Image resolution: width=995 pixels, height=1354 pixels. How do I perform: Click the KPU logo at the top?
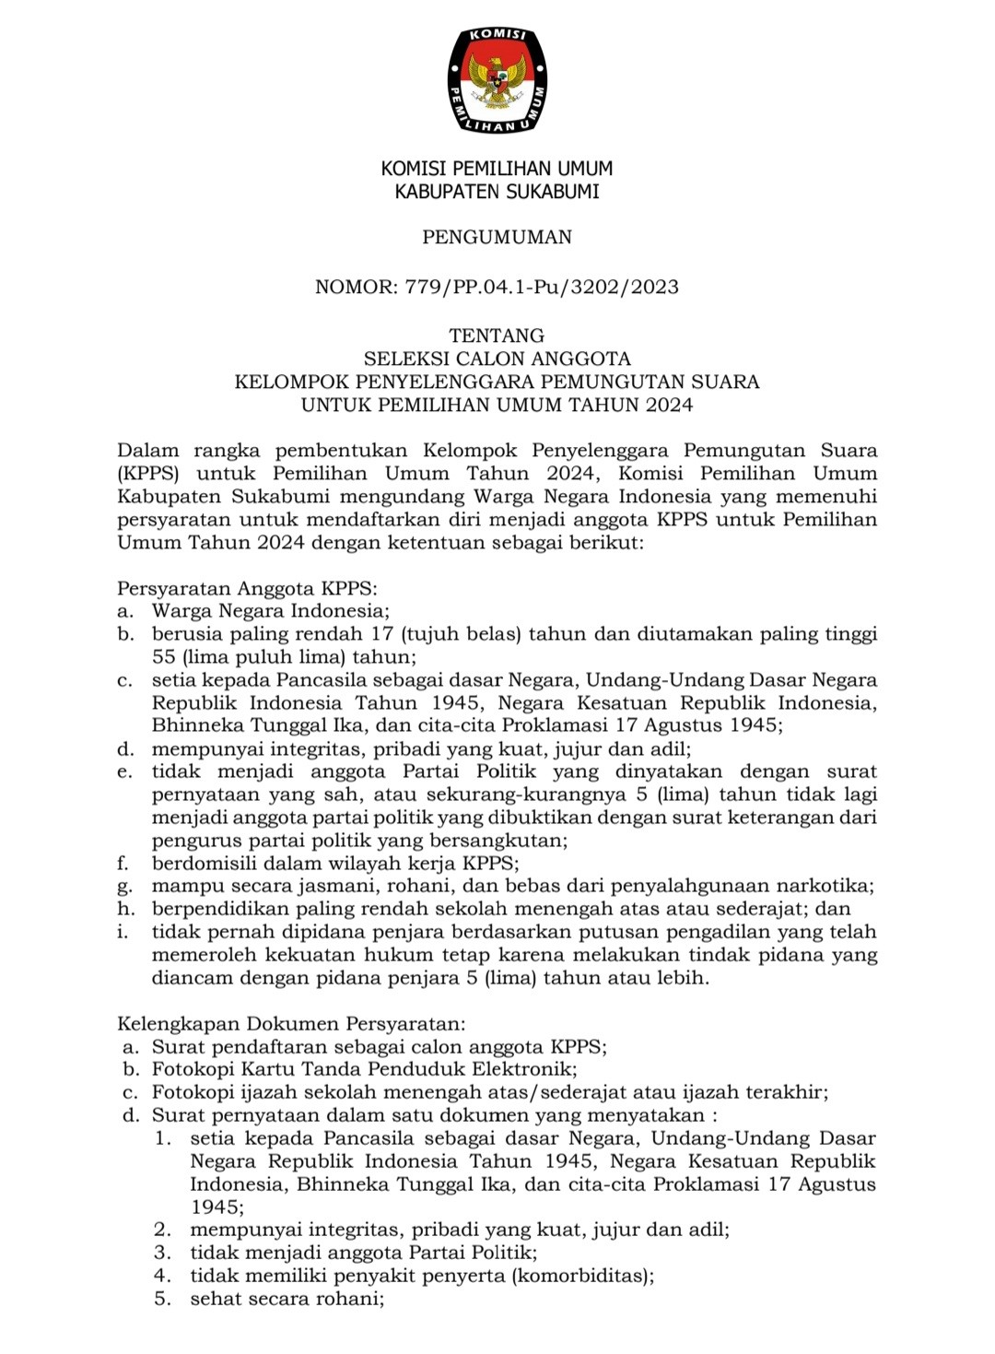497,80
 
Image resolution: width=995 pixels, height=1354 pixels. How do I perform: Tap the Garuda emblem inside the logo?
497,80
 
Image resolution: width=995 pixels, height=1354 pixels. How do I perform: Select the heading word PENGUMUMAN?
497,237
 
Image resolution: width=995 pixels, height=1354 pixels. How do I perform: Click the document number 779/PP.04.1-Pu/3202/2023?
542,287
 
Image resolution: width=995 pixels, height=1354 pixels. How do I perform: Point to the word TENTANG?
497,336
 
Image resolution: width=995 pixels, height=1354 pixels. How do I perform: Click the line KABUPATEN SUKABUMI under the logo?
497,192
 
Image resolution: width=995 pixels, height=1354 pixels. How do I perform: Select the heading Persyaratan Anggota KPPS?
247,588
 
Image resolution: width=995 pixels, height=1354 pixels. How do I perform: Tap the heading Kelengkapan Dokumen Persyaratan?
291,1023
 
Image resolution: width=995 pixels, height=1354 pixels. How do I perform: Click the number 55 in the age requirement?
164,657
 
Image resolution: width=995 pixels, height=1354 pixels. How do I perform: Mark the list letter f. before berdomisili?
122,864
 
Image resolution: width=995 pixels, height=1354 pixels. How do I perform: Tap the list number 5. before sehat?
163,1299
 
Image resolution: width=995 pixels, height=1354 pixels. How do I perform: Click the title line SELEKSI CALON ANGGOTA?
497,359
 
